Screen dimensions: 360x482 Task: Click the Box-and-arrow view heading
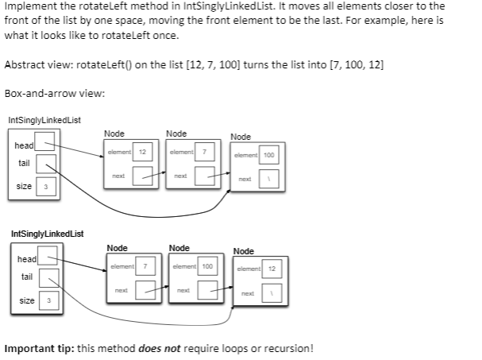tap(55, 93)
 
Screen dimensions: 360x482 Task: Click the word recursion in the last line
tap(289, 348)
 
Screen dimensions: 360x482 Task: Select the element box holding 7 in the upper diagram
tap(205, 151)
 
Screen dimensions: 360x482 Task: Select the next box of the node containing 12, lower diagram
tap(272, 294)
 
